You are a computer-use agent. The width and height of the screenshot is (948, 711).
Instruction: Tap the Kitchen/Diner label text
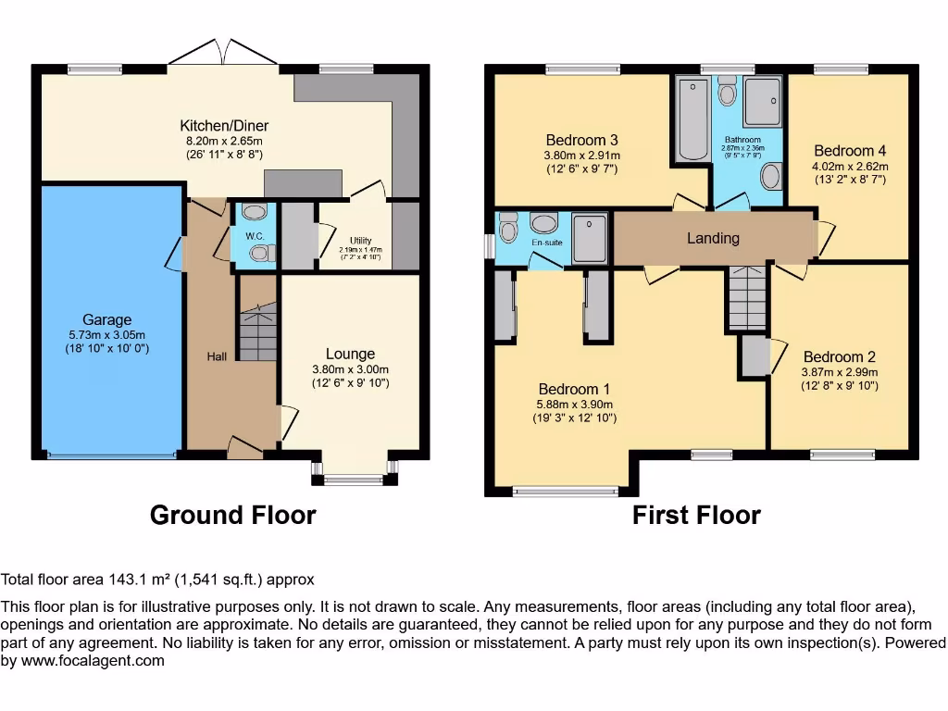[224, 126]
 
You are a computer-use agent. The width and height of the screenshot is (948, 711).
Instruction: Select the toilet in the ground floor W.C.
[260, 253]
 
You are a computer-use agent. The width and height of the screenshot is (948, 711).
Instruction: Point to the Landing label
[713, 238]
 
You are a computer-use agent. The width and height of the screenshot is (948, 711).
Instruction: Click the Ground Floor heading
[232, 515]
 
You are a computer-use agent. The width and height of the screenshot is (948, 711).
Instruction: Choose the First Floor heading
[696, 515]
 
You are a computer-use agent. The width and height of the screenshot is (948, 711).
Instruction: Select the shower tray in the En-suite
[590, 237]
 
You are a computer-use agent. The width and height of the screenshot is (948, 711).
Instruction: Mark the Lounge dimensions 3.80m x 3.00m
[350, 369]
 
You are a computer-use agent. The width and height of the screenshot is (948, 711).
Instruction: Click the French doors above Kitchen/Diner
[222, 54]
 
